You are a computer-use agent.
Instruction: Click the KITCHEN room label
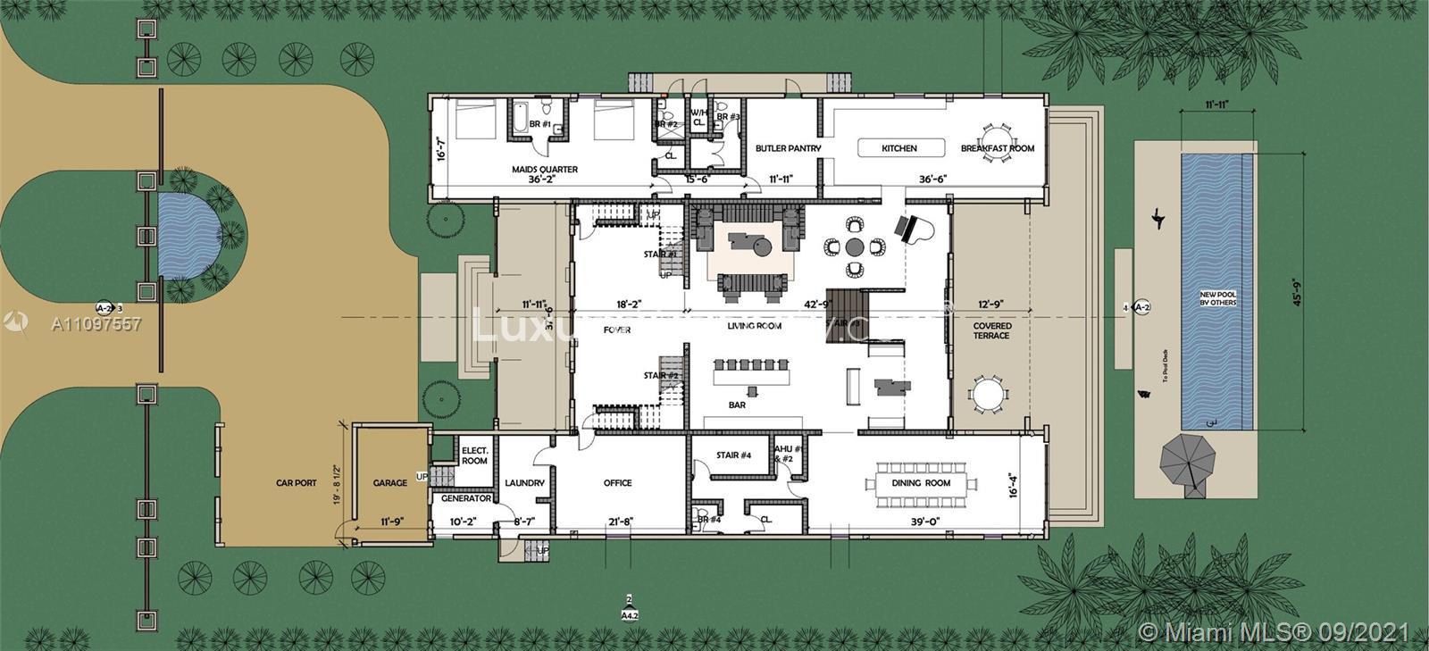coord(898,148)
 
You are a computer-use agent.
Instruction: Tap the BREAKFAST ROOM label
coord(998,148)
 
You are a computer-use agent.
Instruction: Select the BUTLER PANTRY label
coord(788,148)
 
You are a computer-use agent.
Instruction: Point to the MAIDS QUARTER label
coord(545,169)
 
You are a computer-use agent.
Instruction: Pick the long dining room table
coord(920,483)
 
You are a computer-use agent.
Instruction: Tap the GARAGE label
coord(389,483)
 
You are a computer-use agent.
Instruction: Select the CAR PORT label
coord(297,483)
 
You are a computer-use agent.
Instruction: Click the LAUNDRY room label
coord(524,483)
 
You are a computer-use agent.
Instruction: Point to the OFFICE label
coord(617,483)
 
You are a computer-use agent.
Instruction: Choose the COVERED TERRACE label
coord(991,330)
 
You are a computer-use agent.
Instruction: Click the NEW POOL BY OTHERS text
coord(1217,297)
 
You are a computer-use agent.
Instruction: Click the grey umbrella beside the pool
coord(1188,462)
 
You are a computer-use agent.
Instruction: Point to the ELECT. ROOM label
coord(474,456)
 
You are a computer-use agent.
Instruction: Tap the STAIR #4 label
coord(733,456)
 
